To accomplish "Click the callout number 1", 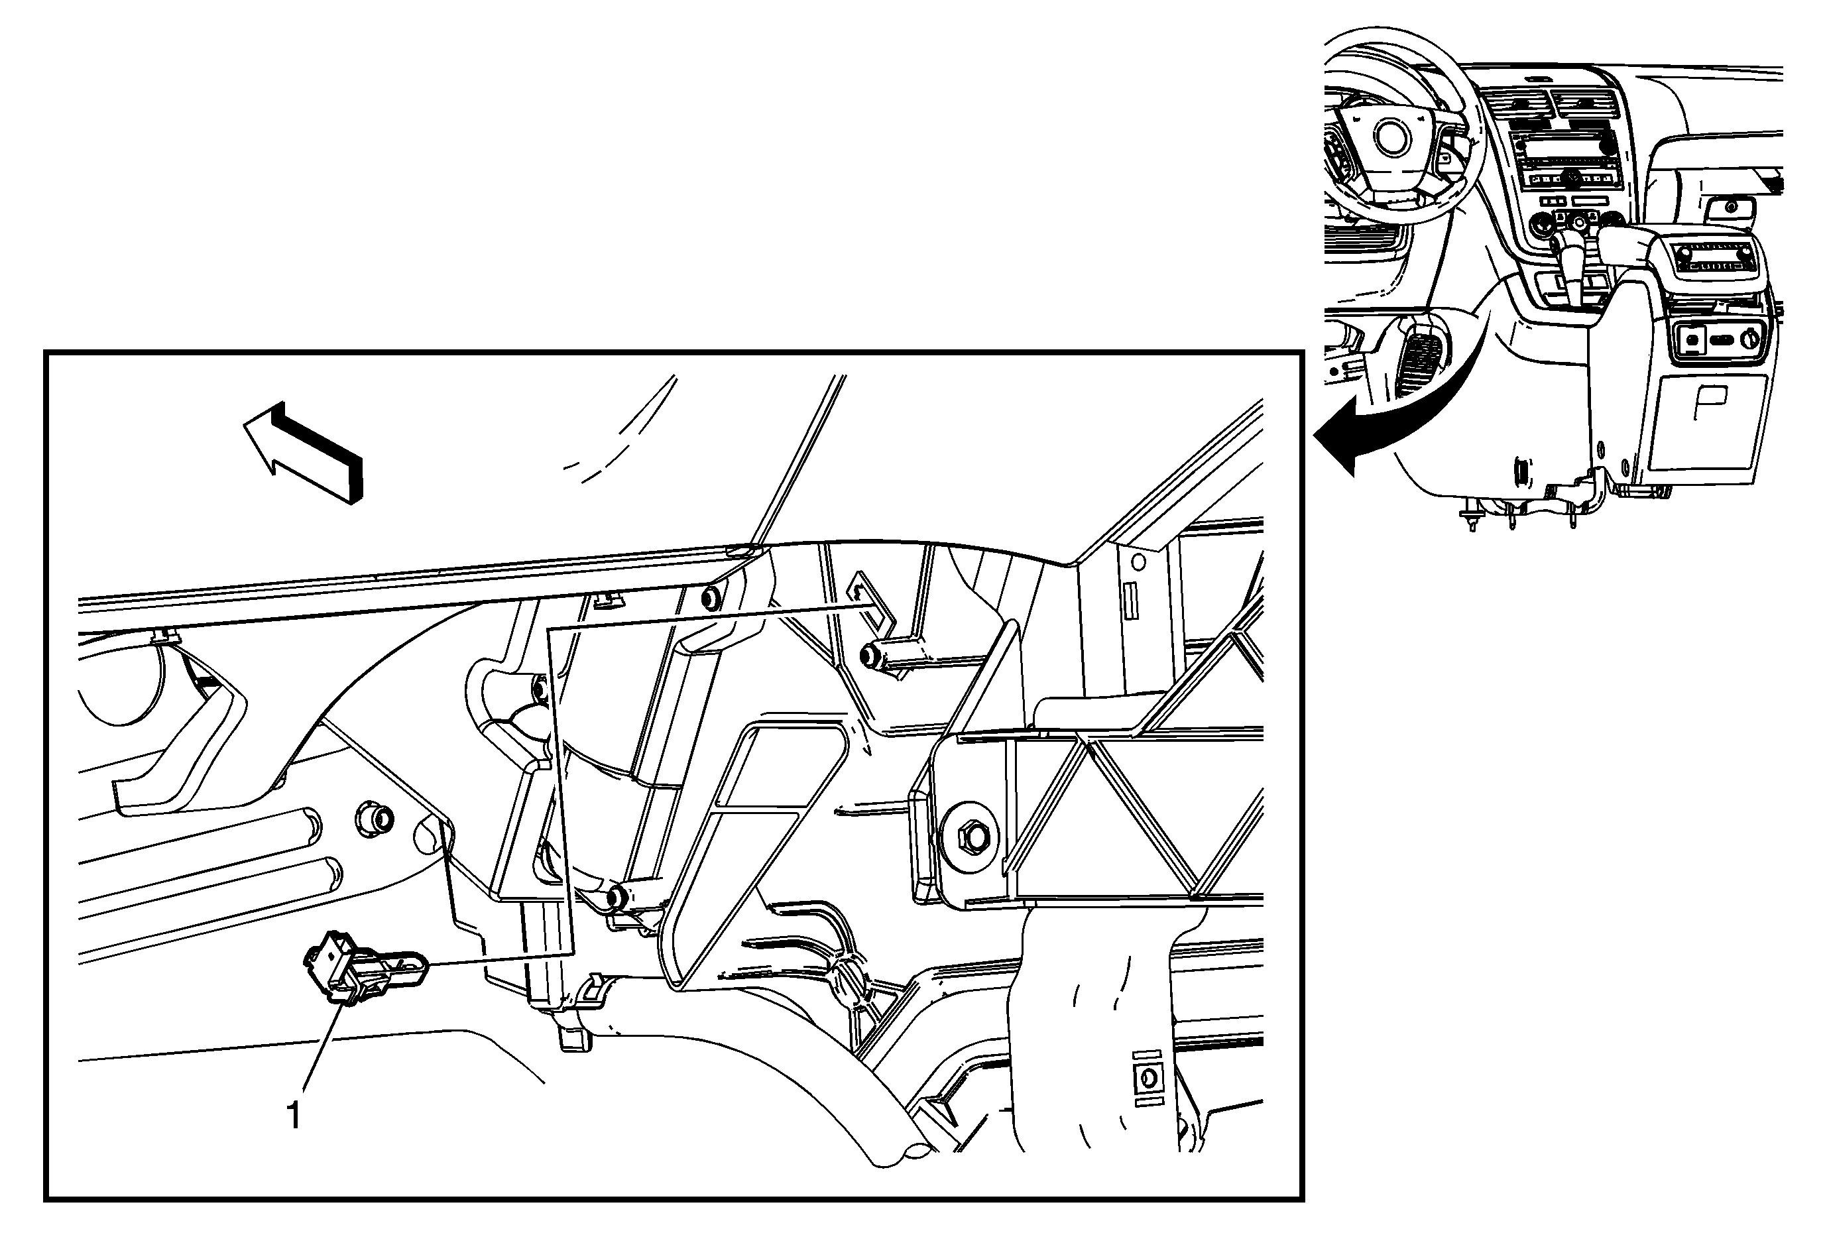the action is coord(294,1116).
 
